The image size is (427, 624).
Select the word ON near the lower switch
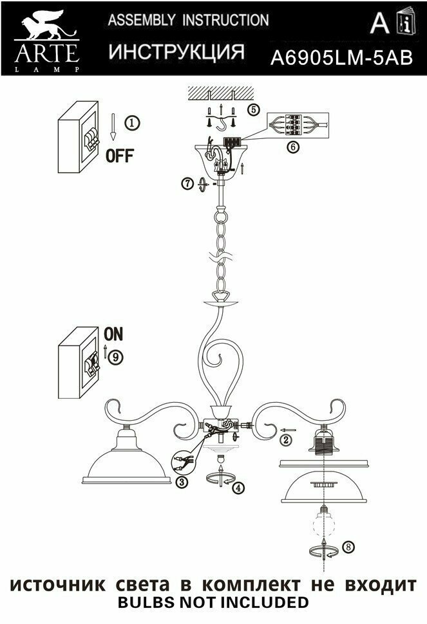click(x=113, y=335)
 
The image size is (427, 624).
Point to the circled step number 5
click(x=254, y=109)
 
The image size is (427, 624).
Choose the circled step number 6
click(x=292, y=147)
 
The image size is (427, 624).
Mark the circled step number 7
click(x=187, y=184)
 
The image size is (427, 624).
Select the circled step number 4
click(x=239, y=488)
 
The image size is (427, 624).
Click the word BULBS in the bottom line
click(x=146, y=603)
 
